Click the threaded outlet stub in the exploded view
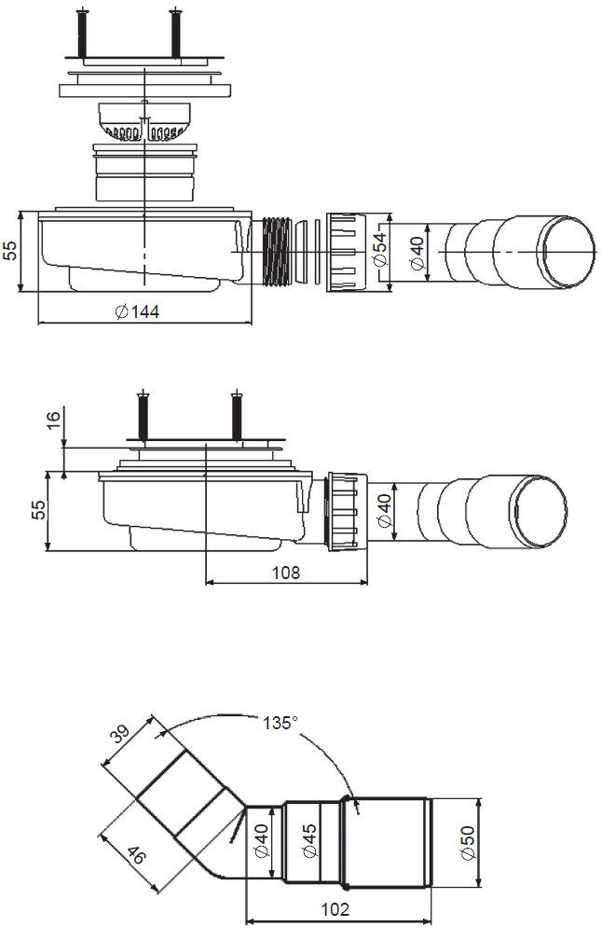(x=278, y=252)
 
